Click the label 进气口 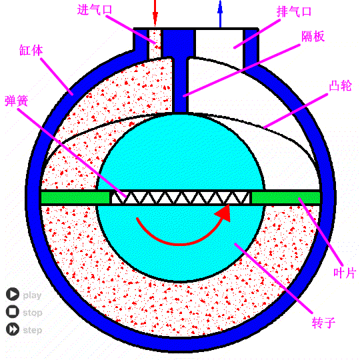(95, 10)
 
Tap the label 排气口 (294, 11)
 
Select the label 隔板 (313, 36)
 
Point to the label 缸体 (31, 50)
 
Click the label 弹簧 (16, 101)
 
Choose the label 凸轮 (340, 85)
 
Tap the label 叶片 (345, 273)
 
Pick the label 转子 (323, 322)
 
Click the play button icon (13, 294)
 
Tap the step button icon (13, 329)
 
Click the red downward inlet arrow (155, 13)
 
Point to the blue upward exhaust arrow (220, 14)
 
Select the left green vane (75, 198)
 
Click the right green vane (286, 198)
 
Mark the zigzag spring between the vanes (181, 198)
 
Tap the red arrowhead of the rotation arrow (224, 213)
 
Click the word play (32, 295)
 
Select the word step (33, 331)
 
